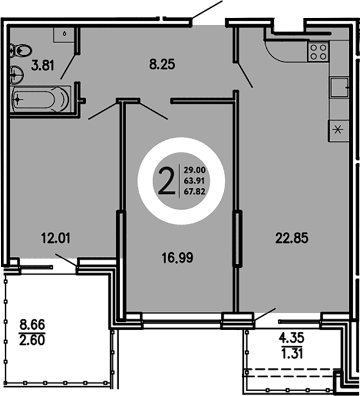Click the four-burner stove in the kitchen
click(318, 50)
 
